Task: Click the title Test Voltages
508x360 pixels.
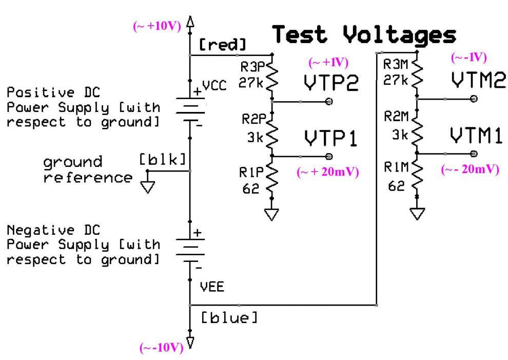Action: click(x=364, y=35)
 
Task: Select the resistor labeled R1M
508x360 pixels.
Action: click(x=418, y=177)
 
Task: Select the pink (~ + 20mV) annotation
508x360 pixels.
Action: click(x=327, y=172)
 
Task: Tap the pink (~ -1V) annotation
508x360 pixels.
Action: click(x=468, y=58)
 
